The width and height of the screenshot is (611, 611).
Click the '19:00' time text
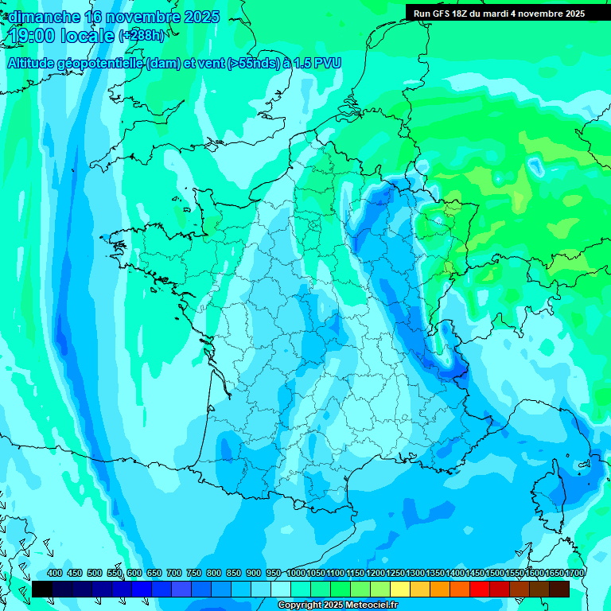35,36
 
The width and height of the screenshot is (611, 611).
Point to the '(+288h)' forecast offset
142,36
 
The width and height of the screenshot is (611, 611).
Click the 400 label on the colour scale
55,574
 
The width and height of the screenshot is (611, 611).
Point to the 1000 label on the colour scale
295,574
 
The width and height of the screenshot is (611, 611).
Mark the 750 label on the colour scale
194,574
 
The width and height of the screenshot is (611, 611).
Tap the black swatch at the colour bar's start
42,590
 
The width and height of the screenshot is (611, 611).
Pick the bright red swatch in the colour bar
480,590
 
